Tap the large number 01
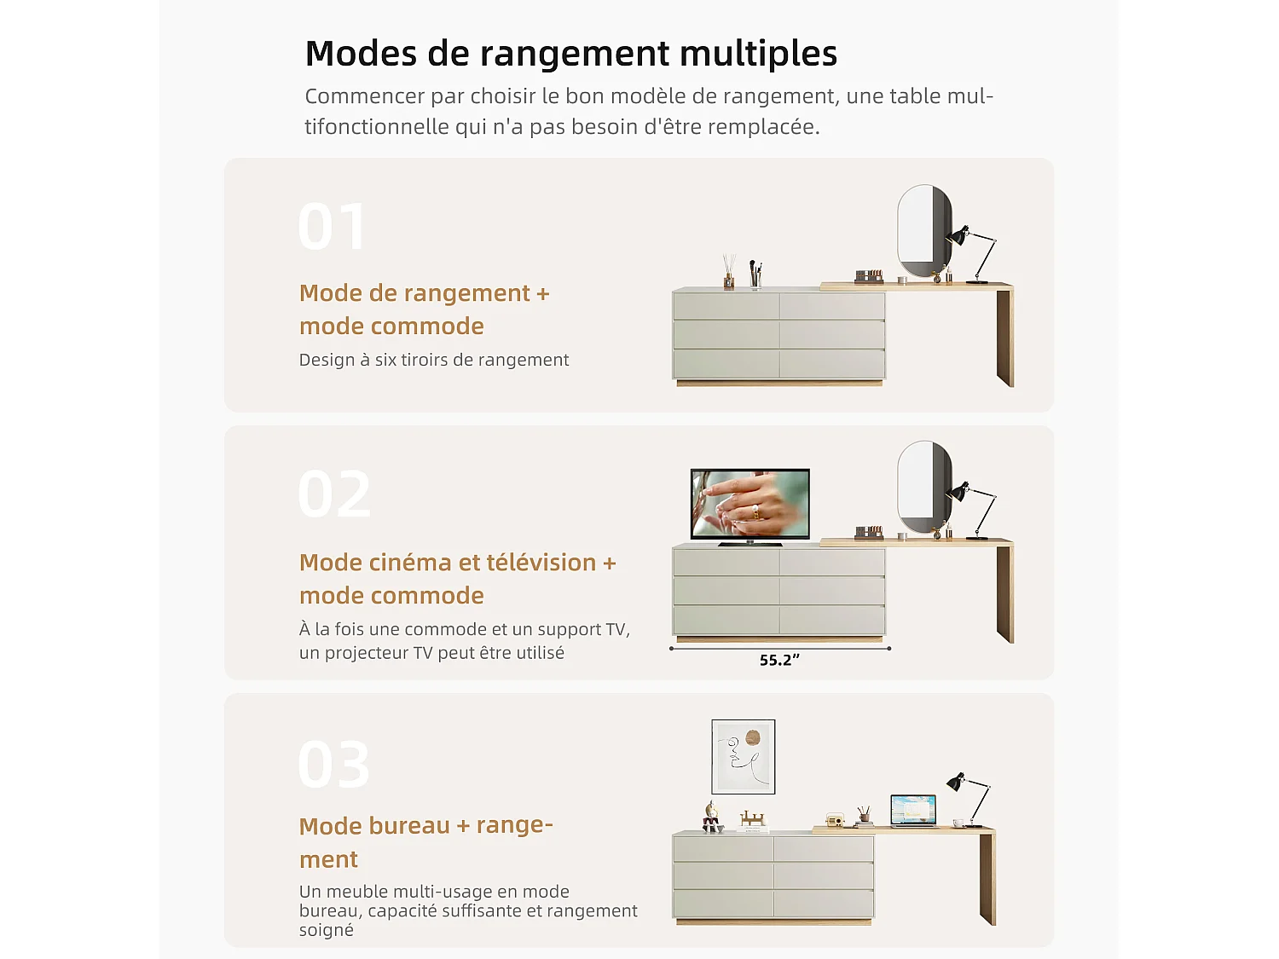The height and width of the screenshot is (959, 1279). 333,227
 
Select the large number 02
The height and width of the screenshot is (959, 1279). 334,494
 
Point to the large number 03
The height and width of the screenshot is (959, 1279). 334,765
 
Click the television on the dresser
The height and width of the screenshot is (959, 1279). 749,505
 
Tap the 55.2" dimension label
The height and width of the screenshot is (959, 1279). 779,660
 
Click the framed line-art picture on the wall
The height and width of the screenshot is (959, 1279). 744,756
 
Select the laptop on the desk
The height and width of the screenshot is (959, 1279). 913,810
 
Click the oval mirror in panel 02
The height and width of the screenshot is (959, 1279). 924,486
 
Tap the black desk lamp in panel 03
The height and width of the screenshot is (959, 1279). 970,797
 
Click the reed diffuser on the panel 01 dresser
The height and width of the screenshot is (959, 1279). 729,272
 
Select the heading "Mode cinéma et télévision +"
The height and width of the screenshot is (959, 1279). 457,563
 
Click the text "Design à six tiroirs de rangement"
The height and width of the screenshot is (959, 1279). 433,360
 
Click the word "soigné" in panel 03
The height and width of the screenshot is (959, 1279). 326,930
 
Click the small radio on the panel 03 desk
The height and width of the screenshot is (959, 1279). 835,820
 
